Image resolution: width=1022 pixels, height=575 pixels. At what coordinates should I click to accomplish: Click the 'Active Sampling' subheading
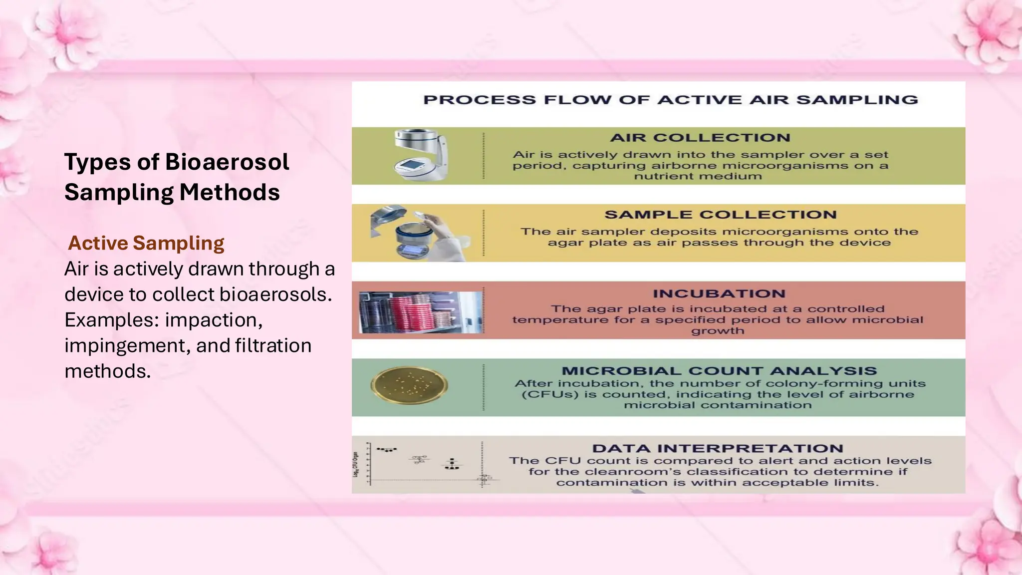point(146,243)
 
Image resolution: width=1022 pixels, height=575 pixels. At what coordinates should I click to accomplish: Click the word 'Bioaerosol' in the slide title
point(227,162)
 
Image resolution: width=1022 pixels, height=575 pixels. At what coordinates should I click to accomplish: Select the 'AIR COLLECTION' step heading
point(700,138)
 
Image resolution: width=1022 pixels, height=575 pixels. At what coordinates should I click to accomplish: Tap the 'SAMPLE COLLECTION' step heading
point(720,215)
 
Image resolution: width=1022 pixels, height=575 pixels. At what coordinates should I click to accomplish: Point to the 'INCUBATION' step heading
point(719,293)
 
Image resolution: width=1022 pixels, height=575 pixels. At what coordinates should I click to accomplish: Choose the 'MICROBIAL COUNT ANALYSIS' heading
point(719,371)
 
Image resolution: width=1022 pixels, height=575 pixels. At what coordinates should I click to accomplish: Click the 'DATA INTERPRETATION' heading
point(718,448)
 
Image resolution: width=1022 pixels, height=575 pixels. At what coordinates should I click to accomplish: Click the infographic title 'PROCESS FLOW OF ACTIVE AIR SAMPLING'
point(670,100)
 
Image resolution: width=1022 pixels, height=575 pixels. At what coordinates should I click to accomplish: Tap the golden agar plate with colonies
point(409,385)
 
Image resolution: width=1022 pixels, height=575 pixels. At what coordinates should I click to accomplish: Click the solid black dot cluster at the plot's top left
point(386,450)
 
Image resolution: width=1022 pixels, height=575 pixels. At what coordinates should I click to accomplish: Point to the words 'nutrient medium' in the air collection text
point(698,176)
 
